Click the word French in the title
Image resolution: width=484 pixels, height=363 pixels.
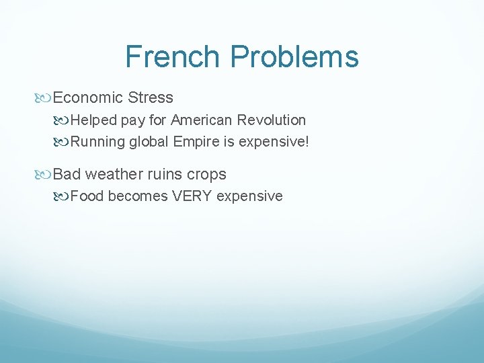(173, 56)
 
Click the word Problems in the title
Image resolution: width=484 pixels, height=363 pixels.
(294, 56)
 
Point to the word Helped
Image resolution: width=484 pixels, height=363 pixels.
(93, 120)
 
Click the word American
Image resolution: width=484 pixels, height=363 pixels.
(202, 120)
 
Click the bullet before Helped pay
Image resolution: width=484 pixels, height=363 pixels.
(63, 120)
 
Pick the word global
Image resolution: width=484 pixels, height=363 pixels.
(151, 142)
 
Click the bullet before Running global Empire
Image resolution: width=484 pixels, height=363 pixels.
(63, 143)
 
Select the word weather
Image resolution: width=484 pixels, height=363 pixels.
(110, 174)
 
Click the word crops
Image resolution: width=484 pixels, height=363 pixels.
(206, 174)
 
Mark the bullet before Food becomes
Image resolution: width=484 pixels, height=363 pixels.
(63, 197)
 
